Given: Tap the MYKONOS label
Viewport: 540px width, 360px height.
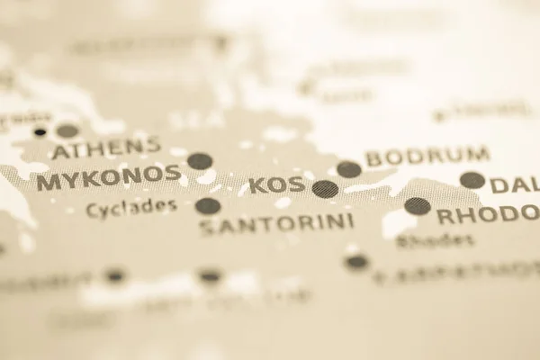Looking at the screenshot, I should point(108,178).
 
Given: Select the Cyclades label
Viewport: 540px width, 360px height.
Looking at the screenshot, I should point(131,208).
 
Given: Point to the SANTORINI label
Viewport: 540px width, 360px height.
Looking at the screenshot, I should point(275,222).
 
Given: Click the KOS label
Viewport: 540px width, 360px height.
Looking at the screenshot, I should point(276,185).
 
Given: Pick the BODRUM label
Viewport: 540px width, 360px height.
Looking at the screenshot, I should point(427,157).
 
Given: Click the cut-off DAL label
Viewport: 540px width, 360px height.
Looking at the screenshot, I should point(515,185).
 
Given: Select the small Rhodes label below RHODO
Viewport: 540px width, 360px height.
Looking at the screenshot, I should point(435,240).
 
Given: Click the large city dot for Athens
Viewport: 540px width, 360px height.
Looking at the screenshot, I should point(67,131).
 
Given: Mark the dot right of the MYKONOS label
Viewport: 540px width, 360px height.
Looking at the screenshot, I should point(200,161).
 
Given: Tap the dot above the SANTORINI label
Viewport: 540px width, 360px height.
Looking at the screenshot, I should point(208,206).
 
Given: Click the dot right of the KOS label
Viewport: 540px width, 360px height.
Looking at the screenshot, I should point(325,189).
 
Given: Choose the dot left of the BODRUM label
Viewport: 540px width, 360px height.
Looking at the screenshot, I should point(348,169).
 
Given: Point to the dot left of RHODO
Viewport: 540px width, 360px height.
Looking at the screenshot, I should point(417,206).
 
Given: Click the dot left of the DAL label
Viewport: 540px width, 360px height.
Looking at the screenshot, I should point(472,180).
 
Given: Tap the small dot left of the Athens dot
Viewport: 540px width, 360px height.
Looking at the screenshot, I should point(40,132).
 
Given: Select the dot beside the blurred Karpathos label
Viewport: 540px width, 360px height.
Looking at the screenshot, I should point(357,262).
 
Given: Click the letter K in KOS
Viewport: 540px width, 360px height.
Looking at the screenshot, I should point(256,186).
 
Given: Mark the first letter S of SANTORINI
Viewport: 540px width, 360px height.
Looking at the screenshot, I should point(207,227).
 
